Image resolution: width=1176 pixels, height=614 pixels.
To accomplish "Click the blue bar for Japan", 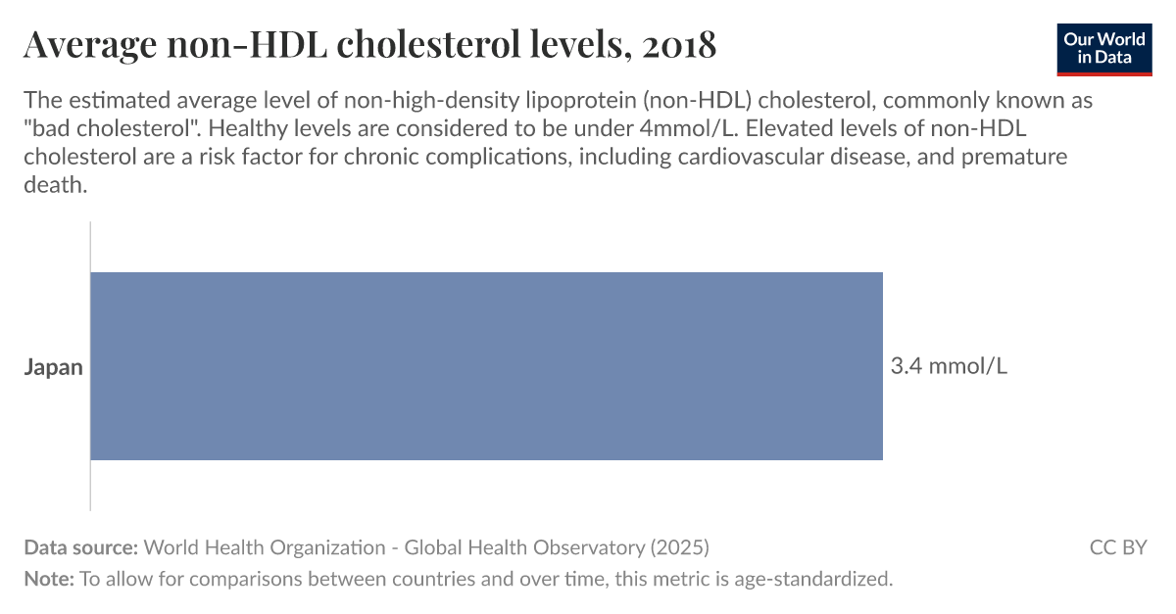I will click(486, 366).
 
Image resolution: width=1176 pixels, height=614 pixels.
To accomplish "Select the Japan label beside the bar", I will click(53, 368).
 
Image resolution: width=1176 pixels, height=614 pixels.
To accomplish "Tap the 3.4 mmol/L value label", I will click(948, 367).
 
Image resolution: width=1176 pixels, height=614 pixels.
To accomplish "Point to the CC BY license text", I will click(1117, 547).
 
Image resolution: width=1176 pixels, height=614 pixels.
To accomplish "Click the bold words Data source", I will click(80, 547).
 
